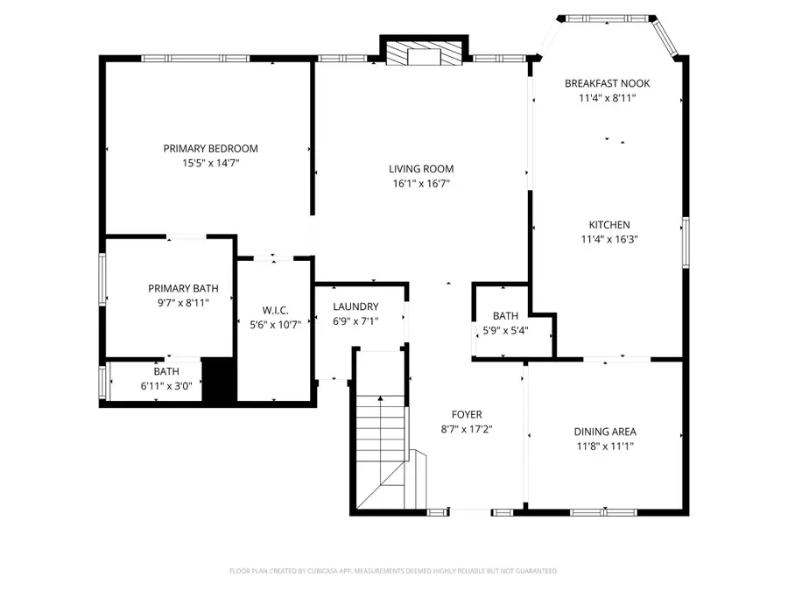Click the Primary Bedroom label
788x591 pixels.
click(x=210, y=149)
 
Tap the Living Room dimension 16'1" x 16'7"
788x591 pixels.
click(x=422, y=184)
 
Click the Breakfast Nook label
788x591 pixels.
click(x=607, y=83)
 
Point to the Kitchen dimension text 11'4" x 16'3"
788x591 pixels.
click(x=608, y=239)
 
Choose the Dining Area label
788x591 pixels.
click(x=605, y=432)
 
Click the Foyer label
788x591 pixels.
click(x=467, y=415)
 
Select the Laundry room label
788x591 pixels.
click(x=355, y=306)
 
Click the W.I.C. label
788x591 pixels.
click(x=274, y=310)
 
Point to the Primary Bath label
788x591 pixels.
click(x=183, y=288)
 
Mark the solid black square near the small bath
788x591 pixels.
click(x=218, y=380)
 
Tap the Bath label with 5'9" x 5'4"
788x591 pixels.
click(x=505, y=316)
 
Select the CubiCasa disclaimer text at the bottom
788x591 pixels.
click(x=393, y=571)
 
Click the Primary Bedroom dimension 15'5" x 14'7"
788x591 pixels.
click(x=210, y=163)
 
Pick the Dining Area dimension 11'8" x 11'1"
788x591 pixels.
click(x=605, y=447)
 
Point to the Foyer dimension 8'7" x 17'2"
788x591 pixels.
click(x=467, y=430)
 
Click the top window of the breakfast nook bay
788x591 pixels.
click(x=609, y=18)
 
